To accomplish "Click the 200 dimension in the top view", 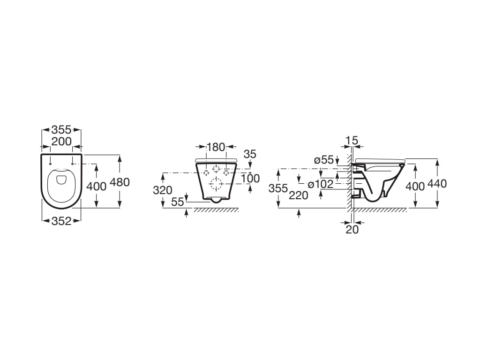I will coord(61,142).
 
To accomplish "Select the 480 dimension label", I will coord(120,182).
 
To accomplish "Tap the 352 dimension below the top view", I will coord(61,221).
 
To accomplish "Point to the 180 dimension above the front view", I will coord(216,147).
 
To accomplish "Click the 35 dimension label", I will coord(250,154).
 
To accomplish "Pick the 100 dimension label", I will coord(250,179).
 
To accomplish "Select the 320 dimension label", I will coord(163,190).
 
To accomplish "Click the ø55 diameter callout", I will coord(324,160).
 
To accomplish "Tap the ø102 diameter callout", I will coord(320,184).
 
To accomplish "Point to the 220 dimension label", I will coord(299,195).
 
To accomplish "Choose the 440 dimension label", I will coord(437,184).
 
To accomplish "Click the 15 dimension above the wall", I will coord(351,140).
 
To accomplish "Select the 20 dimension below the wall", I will coord(352,229).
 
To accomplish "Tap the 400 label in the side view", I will coord(415,186).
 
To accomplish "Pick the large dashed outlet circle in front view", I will coord(216,184).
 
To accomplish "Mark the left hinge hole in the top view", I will coord(50,164).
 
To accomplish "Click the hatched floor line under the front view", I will coord(216,210).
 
